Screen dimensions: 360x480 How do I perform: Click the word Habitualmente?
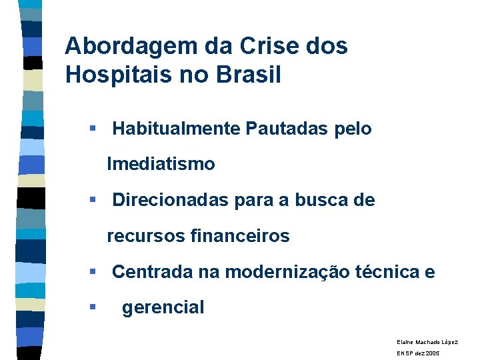pos(176,128)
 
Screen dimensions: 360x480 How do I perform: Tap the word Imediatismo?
pos(161,163)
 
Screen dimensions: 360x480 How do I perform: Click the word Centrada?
pos(153,272)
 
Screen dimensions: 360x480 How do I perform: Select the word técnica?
pos(393,272)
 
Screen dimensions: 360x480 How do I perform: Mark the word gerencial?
pos(163,307)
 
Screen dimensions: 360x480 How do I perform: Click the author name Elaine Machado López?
pos(427,341)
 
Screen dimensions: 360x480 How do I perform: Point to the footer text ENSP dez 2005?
pos(418,353)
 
